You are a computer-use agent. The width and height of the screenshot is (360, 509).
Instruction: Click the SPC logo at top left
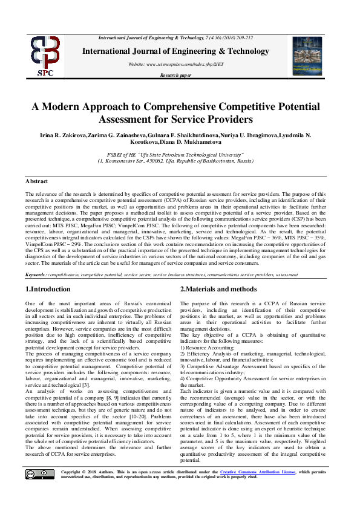tap(46, 57)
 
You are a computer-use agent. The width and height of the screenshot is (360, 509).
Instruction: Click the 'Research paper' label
tap(175, 76)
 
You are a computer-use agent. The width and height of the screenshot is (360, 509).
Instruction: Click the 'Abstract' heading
tap(37, 181)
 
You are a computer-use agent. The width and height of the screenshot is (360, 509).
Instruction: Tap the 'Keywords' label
tap(36, 274)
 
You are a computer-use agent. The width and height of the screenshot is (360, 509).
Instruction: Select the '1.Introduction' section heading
tap(48, 290)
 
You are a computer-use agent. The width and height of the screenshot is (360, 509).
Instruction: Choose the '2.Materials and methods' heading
tap(218, 290)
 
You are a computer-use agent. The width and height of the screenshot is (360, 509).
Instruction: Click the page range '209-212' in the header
tap(245, 38)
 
